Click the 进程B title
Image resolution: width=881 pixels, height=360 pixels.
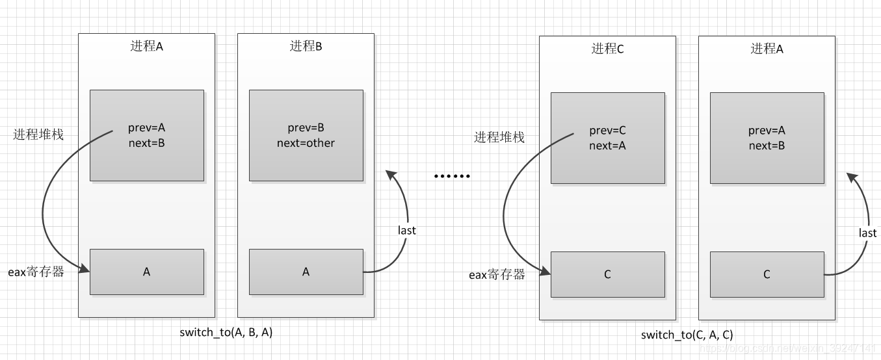(x=306, y=46)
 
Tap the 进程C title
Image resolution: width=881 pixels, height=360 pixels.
(x=607, y=49)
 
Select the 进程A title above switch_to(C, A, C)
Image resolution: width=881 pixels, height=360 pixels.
(x=767, y=49)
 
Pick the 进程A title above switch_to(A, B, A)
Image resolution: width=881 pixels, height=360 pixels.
(x=146, y=46)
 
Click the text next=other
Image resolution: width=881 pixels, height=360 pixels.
(x=306, y=143)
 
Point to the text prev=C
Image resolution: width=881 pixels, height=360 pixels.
(x=607, y=131)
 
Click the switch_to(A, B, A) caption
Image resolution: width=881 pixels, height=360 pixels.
(x=226, y=332)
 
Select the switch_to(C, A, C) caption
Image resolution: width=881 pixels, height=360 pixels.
(x=687, y=335)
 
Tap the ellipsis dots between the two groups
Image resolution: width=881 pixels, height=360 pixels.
(x=451, y=176)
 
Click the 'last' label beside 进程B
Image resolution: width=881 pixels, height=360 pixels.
(x=406, y=230)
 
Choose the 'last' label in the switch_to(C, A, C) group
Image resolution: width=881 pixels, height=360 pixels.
(x=867, y=233)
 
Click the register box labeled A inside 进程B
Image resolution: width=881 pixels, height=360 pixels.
(x=306, y=272)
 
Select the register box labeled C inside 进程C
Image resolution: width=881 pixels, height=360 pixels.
(x=607, y=274)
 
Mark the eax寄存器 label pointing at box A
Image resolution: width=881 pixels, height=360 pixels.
(x=36, y=272)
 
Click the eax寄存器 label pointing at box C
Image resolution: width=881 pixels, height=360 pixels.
(x=497, y=274)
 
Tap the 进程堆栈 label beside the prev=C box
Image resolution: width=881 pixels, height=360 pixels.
(x=499, y=137)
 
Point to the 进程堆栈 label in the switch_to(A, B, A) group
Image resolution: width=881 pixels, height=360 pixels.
(x=38, y=135)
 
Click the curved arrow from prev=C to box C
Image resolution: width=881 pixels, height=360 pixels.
(x=504, y=208)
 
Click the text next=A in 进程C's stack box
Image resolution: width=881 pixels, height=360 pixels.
(x=607, y=146)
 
